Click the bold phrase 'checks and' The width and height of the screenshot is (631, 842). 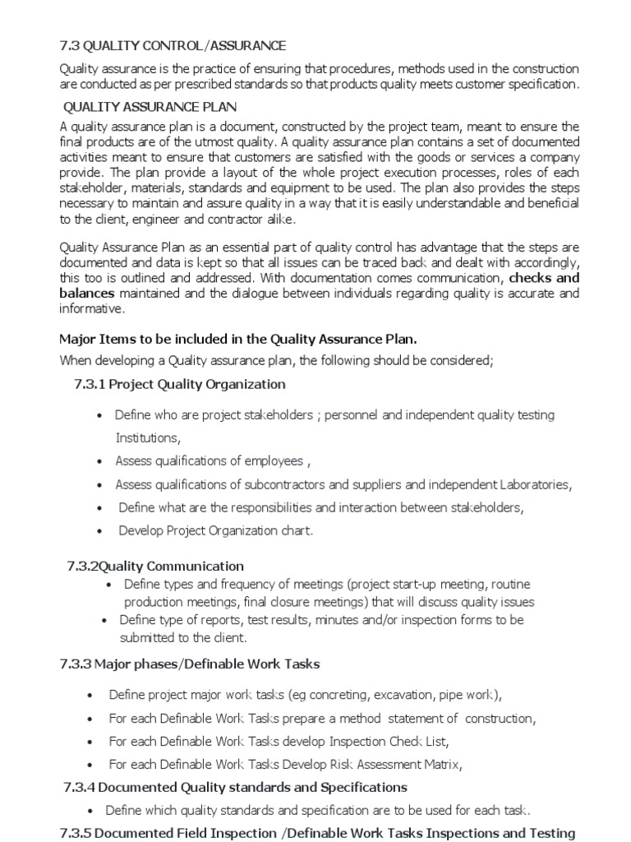pos(545,278)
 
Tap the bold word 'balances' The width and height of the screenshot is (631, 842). pos(88,294)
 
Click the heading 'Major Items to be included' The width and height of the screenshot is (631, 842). pos(238,339)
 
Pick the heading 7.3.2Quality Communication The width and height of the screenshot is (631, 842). pos(155,566)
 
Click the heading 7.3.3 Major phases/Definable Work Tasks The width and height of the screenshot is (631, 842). pos(190,664)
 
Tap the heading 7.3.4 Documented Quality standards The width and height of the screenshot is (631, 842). pos(235,787)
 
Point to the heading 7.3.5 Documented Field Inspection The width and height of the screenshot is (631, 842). pos(317,833)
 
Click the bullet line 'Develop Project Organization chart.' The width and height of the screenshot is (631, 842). pos(216,530)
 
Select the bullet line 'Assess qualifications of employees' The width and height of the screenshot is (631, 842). pos(213,460)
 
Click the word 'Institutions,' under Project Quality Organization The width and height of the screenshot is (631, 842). pos(147,437)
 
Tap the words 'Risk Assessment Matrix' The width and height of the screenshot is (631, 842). pos(394,764)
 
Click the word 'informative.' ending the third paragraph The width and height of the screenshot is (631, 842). pos(93,309)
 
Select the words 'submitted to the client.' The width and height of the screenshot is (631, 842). pos(183,637)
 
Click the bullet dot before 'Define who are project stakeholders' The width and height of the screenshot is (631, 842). pos(100,416)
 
